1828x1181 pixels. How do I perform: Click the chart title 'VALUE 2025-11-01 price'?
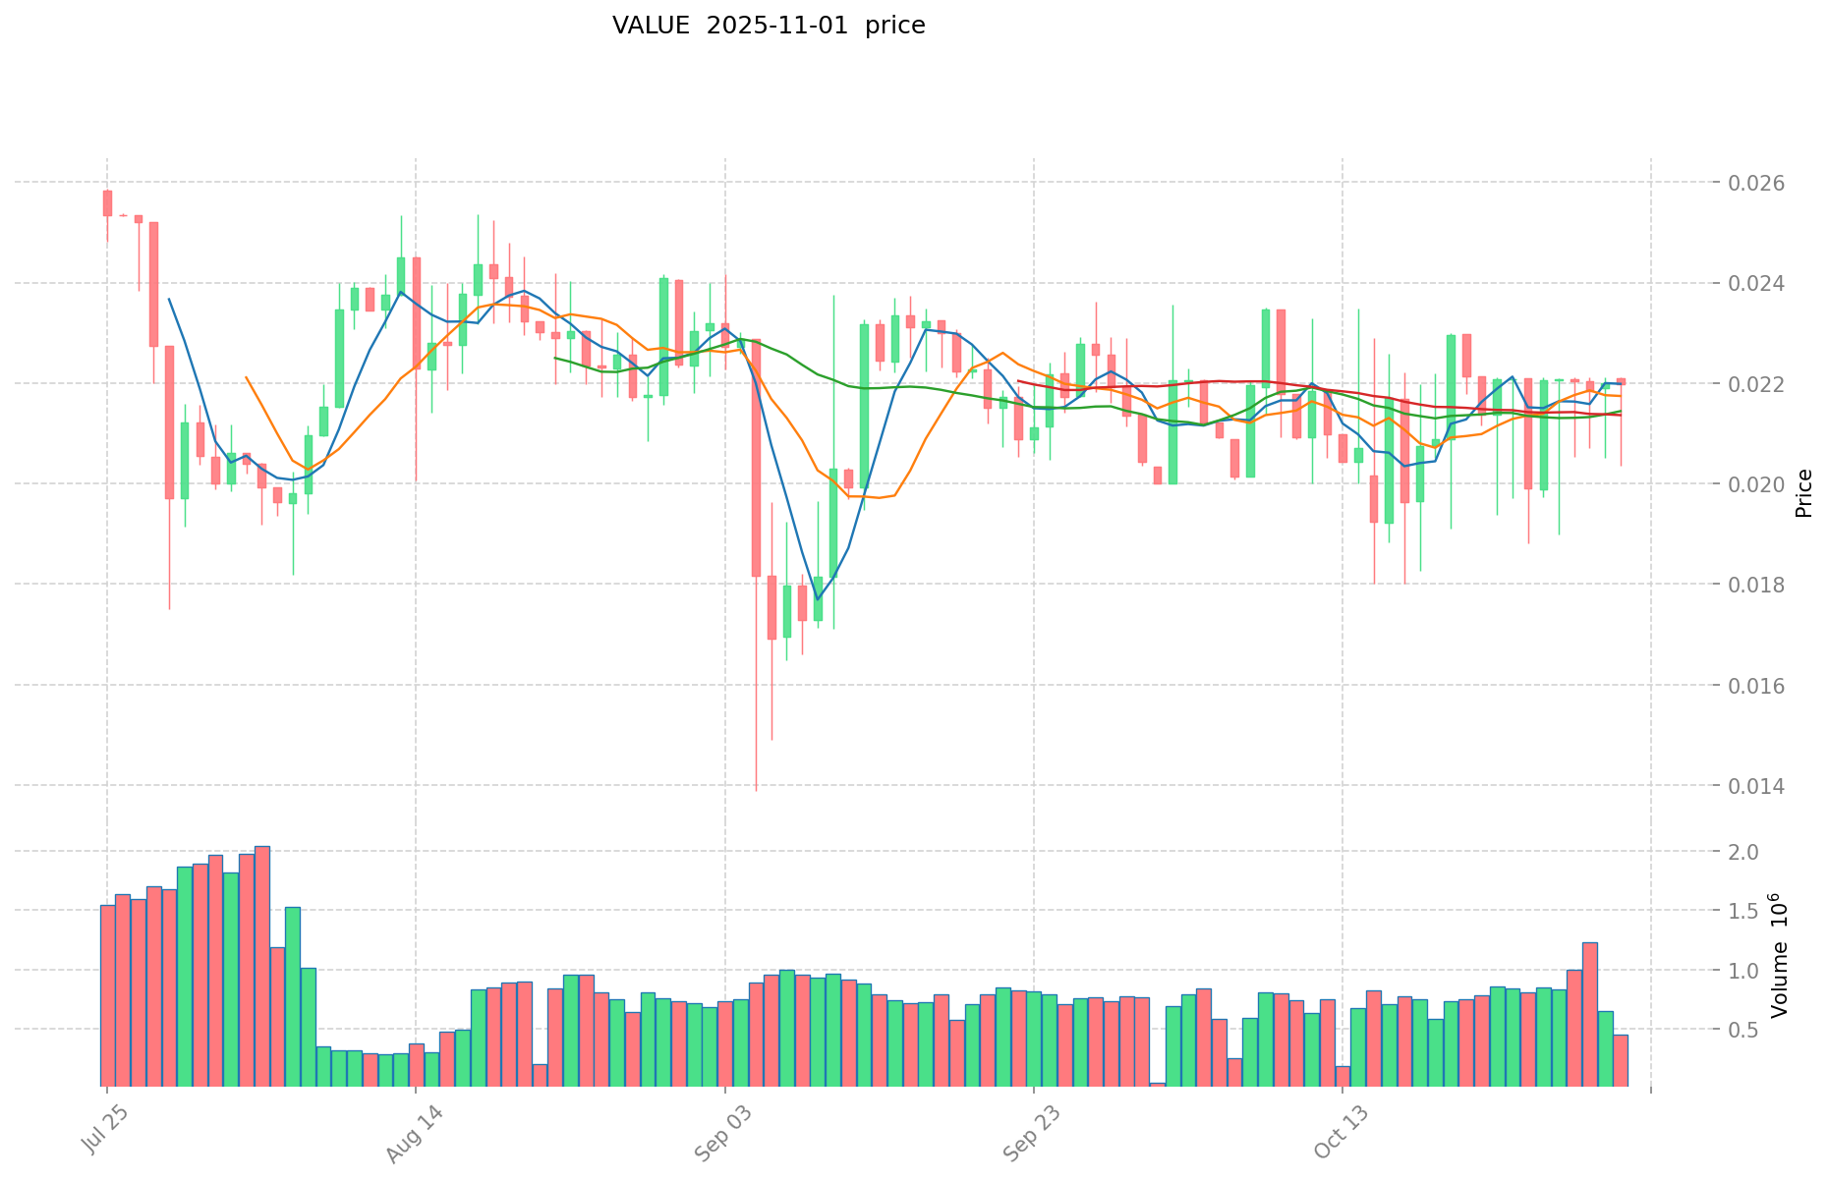coord(769,26)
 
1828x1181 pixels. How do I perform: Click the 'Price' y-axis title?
coord(1803,493)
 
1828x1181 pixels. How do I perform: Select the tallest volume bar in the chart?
coord(261,966)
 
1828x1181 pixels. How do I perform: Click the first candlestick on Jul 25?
coord(107,202)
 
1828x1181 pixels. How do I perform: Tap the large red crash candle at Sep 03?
coord(756,458)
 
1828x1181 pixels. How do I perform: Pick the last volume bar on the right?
coord(1621,1060)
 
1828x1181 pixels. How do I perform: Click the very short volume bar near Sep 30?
coord(1158,1085)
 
